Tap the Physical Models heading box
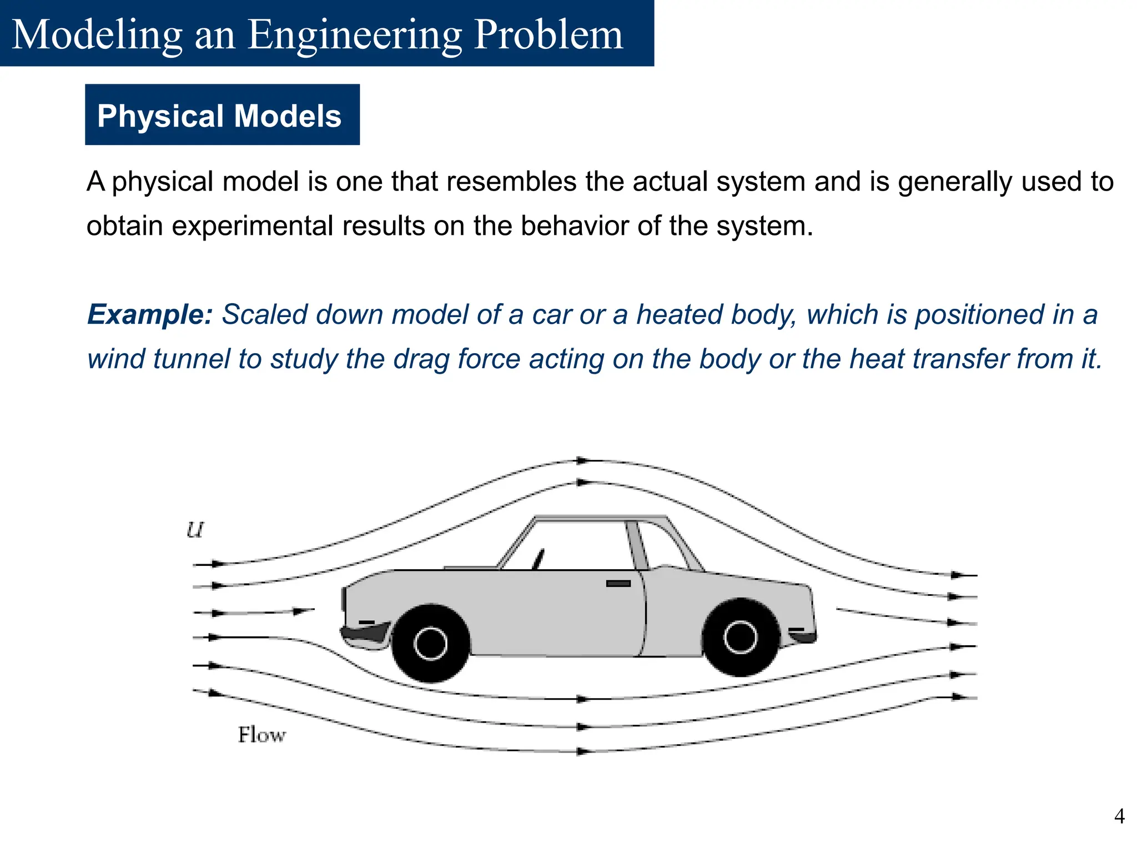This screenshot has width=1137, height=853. coord(222,115)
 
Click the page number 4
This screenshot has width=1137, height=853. coord(1119,816)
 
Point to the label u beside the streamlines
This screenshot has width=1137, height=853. coord(195,530)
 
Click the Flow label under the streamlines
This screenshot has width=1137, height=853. coord(261,735)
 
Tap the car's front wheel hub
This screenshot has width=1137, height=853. coord(430,643)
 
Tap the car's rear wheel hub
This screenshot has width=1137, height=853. coord(741,637)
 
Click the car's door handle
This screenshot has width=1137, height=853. coord(618,584)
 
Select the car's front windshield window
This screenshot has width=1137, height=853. coord(572,546)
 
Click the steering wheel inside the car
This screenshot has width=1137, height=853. coord(539,558)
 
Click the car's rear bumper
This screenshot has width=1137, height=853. coord(803,636)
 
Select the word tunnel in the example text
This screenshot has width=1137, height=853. coord(192,359)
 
